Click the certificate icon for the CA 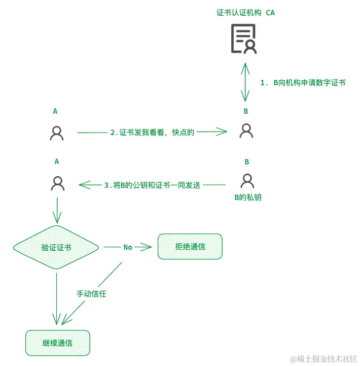pos(244,39)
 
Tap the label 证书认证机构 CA pos(245,13)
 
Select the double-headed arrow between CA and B pos(245,82)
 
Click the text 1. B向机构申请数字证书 pos(303,82)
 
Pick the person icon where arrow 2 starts pos(57,132)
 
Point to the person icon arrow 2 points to pos(246,131)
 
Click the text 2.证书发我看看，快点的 pos(152,132)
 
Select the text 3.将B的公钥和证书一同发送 pos(152,185)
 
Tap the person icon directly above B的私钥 pos(247,181)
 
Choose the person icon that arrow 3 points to pos(57,183)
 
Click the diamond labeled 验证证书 pos(56,247)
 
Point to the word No pos(128,247)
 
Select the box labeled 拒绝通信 pos(190,247)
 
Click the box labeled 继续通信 pos(57,343)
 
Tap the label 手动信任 pos(91,293)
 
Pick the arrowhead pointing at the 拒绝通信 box pos(148,247)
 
